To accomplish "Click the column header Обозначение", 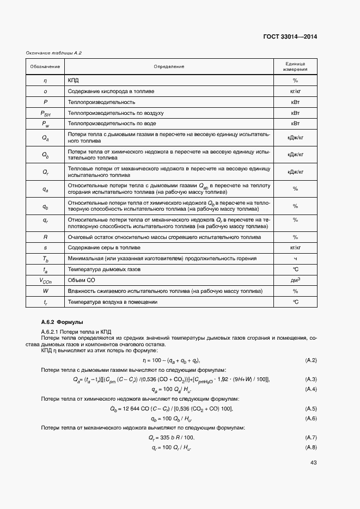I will [45, 66].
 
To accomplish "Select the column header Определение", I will [169, 66].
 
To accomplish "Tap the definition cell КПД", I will [74, 81].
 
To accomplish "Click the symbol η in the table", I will [45, 81].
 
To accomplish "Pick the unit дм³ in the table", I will [295, 280].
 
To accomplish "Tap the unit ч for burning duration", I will [295, 258].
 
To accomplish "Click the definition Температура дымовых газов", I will [104, 269].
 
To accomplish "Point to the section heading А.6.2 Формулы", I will [62, 323].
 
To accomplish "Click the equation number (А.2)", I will [311, 360].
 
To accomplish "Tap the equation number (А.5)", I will [311, 408].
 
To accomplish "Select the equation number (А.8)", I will [311, 447].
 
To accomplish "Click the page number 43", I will [313, 463].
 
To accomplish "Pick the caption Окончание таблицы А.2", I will [54, 53].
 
